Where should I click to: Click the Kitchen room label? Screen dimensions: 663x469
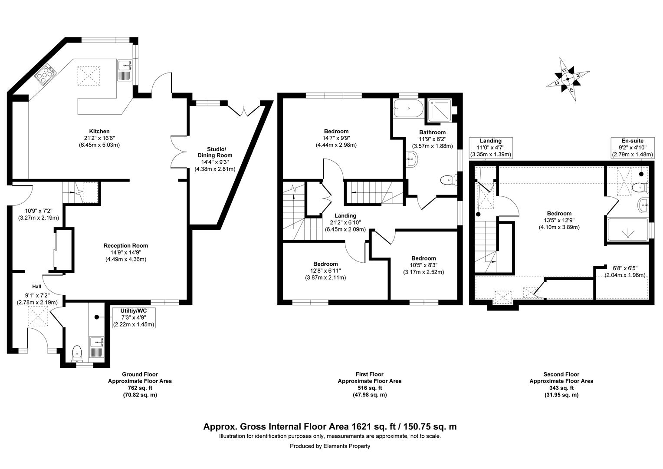coord(99,131)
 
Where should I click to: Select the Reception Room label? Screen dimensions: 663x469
coord(126,246)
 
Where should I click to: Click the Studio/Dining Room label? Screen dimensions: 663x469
coord(215,152)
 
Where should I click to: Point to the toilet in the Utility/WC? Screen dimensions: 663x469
coord(77,353)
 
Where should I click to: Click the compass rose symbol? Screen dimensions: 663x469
coord(568,79)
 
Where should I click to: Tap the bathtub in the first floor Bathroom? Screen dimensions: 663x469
coord(408,109)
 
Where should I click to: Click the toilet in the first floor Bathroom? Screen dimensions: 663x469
coord(449,180)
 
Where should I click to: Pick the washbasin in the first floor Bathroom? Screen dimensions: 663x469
coord(411,160)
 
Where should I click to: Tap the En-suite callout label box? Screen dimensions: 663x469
coord(633,148)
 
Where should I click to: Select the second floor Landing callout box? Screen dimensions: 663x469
coord(491,148)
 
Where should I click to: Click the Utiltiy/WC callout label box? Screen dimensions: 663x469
coord(134,317)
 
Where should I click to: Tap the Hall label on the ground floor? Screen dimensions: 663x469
coord(37,287)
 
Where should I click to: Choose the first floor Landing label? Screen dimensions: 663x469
coord(345,216)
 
